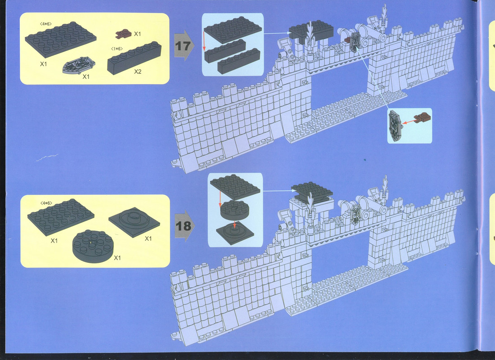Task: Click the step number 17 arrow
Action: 184,46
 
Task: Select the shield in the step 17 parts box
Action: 79,65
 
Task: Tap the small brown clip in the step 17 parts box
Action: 124,33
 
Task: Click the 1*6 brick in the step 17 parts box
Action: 134,58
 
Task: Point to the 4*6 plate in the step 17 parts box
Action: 61,39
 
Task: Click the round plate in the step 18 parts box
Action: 93,246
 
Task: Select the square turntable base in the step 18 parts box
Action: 134,222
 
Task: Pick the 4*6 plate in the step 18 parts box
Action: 61,217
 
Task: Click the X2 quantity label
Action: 138,72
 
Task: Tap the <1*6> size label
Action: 117,49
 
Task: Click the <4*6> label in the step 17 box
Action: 46,24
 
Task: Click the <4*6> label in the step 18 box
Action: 46,203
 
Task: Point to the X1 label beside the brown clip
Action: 137,33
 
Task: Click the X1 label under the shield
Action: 86,76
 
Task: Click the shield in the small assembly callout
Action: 395,125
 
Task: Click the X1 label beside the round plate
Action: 117,257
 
